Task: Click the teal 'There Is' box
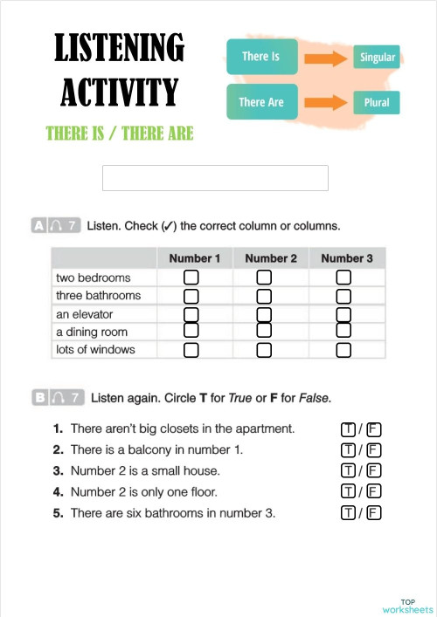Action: pos(260,57)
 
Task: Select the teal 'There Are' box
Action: pos(261,102)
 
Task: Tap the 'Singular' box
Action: pos(378,58)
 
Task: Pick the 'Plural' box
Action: pos(377,102)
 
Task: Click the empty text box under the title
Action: pos(215,178)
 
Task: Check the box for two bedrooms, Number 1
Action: pos(191,278)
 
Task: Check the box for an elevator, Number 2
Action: pos(264,314)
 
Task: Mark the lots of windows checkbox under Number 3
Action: pos(343,350)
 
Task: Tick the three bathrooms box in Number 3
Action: pos(343,296)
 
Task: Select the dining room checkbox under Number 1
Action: pos(191,331)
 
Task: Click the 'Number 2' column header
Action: pos(271,258)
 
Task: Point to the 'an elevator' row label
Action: pos(79,314)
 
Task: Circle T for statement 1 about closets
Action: pos(349,429)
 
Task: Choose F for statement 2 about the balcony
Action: pos(374,450)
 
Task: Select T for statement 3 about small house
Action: pos(349,471)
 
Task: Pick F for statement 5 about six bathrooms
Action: pos(374,513)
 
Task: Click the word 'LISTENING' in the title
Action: pos(119,48)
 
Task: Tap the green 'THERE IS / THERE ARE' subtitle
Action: pos(119,134)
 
